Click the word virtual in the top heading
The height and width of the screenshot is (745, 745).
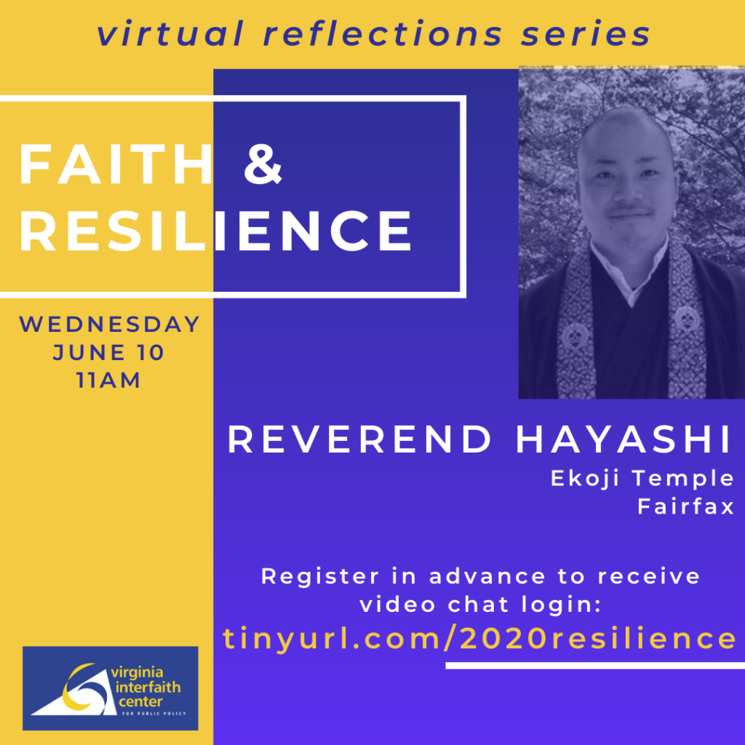tap(170, 33)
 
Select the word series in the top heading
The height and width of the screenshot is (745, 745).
tap(586, 34)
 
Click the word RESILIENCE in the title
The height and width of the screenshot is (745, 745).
tap(215, 231)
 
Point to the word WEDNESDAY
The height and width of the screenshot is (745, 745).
tap(110, 324)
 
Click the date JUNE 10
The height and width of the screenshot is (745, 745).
tap(109, 353)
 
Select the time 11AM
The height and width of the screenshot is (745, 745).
tap(109, 380)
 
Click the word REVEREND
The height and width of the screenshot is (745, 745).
tap(359, 439)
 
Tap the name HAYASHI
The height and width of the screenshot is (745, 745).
tap(624, 439)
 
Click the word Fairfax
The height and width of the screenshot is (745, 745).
tap(686, 506)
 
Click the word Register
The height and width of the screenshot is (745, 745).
tap(320, 577)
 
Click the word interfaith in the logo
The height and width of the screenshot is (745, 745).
tap(148, 687)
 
